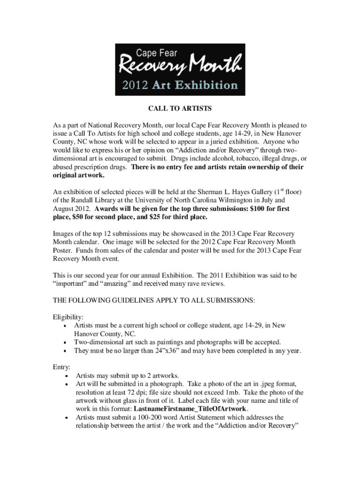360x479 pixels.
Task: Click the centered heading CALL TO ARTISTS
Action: [x=180, y=109]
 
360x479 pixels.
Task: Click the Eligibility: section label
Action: [x=68, y=317]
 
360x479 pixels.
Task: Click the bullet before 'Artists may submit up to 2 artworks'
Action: [x=67, y=376]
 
